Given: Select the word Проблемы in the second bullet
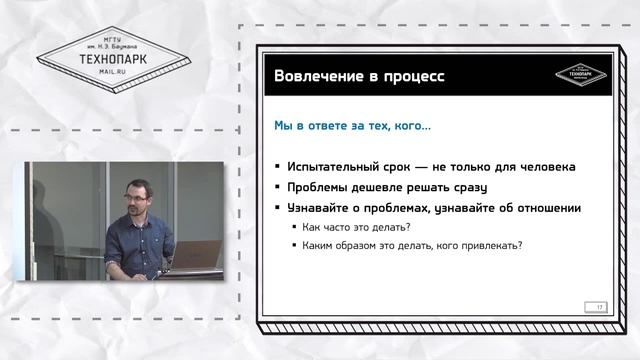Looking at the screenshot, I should [319, 187].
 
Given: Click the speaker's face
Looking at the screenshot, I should [137, 183].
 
